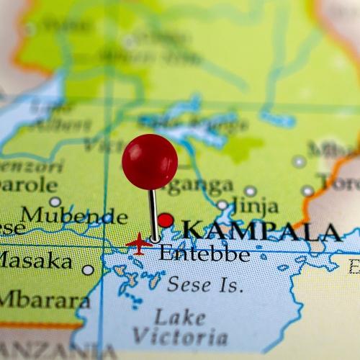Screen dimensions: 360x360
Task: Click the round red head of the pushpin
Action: coord(150,161)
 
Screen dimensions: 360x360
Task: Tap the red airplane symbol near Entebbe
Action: coord(139,244)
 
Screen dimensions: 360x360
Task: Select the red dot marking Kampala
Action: coord(166,220)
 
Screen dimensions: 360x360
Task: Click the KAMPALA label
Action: coord(261,231)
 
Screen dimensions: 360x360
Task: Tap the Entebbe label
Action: coord(204,253)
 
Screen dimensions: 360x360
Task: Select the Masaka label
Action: coord(36,260)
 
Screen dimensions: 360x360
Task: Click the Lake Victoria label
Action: coord(180,326)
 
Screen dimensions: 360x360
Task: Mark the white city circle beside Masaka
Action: coord(88,270)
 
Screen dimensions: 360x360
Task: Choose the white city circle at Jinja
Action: coord(222,205)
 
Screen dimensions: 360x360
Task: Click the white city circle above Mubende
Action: coord(55,202)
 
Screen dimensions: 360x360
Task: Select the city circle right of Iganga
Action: coord(250,191)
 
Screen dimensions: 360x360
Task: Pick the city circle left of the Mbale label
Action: coord(299,161)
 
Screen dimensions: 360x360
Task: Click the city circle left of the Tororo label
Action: coord(307,191)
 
